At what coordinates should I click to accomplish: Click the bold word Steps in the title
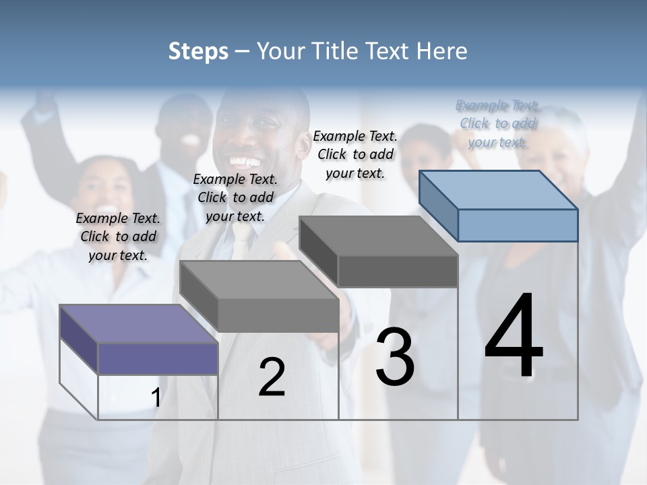tap(198, 51)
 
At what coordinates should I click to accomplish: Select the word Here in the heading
tap(442, 51)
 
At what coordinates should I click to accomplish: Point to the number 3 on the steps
tap(395, 357)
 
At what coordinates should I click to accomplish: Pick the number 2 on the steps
tap(272, 377)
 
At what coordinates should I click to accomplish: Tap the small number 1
tap(156, 398)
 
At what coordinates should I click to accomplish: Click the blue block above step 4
tap(499, 205)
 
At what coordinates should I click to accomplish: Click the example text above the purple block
tap(118, 236)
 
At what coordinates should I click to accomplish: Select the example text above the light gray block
tap(235, 197)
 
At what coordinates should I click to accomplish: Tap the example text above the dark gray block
tap(355, 154)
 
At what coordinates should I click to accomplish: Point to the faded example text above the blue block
tap(497, 123)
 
